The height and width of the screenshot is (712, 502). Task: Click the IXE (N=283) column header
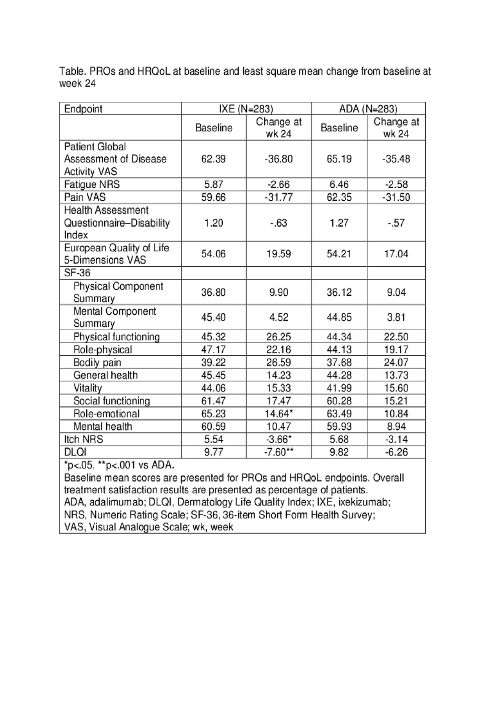246,109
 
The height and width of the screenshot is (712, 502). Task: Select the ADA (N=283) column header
368,109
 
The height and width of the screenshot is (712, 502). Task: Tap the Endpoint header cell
83,109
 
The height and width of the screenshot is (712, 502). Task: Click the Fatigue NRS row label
92,185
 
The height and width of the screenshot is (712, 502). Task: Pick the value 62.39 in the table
213,159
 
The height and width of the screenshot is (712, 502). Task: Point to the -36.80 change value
278,159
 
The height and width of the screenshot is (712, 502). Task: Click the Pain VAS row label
85,197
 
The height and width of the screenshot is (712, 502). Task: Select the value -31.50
396,197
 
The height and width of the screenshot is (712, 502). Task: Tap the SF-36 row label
77,273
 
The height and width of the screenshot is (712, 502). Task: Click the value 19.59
278,254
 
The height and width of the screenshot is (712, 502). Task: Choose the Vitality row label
88,388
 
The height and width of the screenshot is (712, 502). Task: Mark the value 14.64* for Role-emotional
278,414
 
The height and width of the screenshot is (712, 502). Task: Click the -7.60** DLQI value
278,452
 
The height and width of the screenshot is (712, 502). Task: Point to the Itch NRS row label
84,439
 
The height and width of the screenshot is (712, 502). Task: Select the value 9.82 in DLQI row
339,452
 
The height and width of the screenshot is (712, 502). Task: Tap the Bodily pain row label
97,362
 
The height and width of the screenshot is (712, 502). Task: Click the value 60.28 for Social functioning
339,401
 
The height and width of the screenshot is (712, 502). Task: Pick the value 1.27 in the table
339,223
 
